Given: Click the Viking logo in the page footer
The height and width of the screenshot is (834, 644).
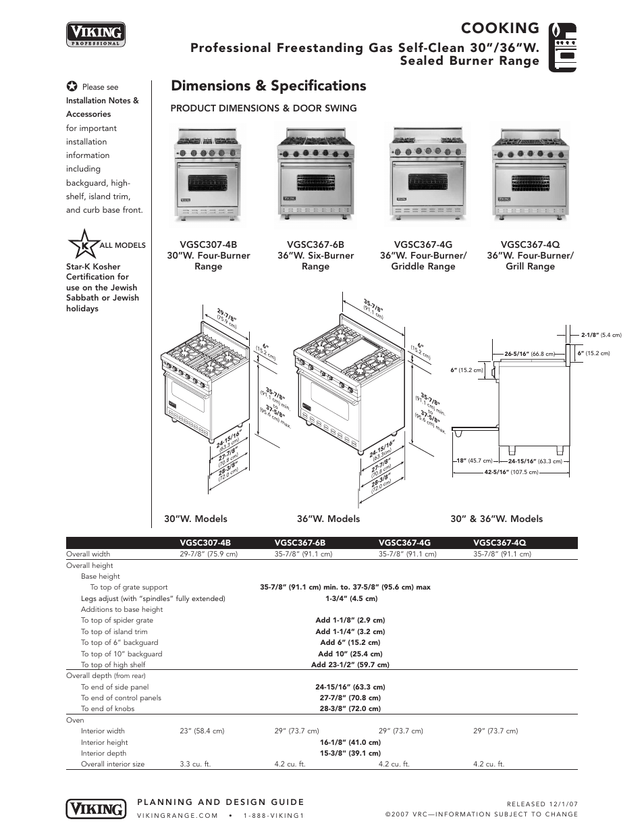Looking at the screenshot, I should [x=96, y=808].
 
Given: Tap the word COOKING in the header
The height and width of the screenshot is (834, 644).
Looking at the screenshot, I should [x=500, y=28].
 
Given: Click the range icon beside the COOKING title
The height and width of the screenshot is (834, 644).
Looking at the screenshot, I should [x=562, y=47].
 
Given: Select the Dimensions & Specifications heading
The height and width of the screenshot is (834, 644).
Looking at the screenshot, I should [x=269, y=86].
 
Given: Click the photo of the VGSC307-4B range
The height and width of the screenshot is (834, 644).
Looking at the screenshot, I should [x=208, y=174].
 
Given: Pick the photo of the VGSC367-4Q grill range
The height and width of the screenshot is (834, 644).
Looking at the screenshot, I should [x=530, y=174].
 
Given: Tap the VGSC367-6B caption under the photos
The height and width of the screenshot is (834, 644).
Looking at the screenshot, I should [x=315, y=244].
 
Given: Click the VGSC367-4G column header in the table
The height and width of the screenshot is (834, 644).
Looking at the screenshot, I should [x=404, y=542].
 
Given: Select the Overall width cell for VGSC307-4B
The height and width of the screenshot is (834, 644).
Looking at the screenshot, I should [x=209, y=554].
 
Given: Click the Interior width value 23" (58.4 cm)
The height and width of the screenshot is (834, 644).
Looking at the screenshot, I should [x=202, y=731].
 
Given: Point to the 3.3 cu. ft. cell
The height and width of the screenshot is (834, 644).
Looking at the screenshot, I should [x=195, y=764].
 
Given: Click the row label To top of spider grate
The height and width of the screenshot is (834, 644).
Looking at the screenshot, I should [x=117, y=620].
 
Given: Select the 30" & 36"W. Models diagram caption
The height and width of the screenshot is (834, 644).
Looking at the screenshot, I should [x=496, y=519].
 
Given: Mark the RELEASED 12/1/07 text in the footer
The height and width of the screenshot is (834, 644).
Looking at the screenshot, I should [x=542, y=804].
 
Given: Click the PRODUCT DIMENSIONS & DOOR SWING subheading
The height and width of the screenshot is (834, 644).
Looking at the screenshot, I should [x=263, y=108].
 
